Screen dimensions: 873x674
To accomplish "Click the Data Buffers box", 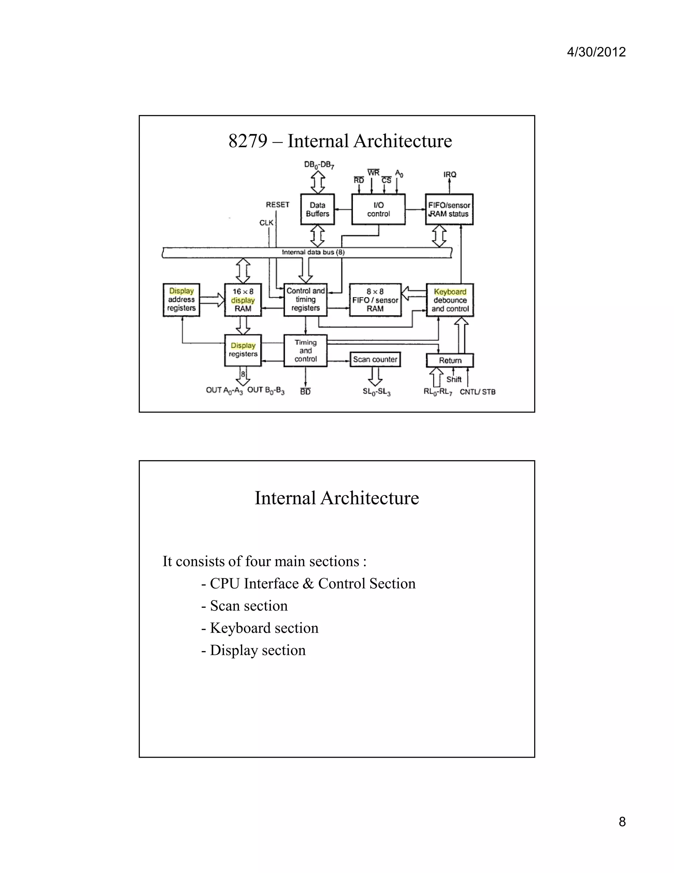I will click(x=318, y=210).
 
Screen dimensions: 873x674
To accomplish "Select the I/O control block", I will click(x=378, y=210).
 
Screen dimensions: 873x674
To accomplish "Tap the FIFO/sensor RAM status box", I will click(x=449, y=210).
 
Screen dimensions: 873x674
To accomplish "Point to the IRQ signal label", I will click(x=450, y=175).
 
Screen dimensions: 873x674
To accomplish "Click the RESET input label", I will click(x=277, y=205).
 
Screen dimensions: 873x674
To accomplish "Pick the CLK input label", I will click(x=266, y=223).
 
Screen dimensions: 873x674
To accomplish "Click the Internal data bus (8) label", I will click(x=313, y=252).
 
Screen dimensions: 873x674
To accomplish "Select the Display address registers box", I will click(x=181, y=300).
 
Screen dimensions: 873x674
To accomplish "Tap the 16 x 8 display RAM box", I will click(x=243, y=300).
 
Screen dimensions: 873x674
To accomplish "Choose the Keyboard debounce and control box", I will click(x=450, y=300).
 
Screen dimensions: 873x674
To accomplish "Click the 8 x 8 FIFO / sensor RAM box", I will click(x=375, y=300).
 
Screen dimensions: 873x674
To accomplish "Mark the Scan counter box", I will click(x=375, y=359).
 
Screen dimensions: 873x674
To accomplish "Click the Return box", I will click(x=450, y=360).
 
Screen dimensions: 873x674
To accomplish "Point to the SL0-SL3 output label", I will click(x=376, y=392).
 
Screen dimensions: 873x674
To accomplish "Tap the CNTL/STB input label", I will click(x=478, y=392).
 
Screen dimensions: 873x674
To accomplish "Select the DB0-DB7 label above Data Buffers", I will click(x=319, y=165).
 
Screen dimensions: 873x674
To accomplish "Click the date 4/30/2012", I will click(x=596, y=52).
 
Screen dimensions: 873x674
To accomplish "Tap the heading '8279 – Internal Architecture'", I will click(x=340, y=141).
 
